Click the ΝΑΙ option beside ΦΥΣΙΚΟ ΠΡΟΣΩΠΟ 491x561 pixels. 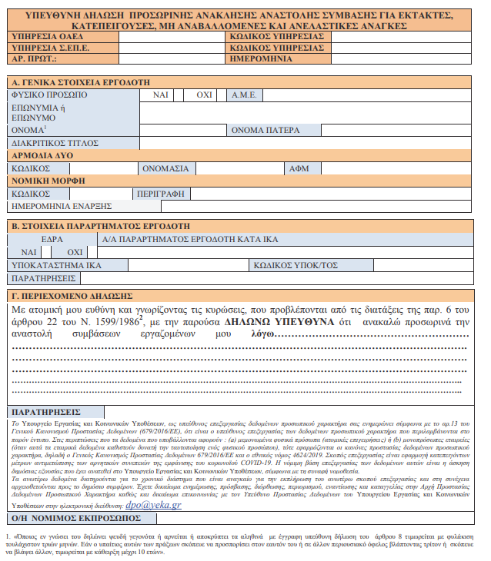coord(160,95)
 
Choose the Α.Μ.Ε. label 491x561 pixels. coord(245,95)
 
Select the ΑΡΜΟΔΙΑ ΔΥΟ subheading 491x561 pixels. coord(42,154)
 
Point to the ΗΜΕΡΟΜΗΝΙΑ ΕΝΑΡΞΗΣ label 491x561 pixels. coord(62,206)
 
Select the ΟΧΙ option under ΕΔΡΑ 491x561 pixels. coord(75,252)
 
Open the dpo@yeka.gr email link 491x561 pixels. coord(155,505)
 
